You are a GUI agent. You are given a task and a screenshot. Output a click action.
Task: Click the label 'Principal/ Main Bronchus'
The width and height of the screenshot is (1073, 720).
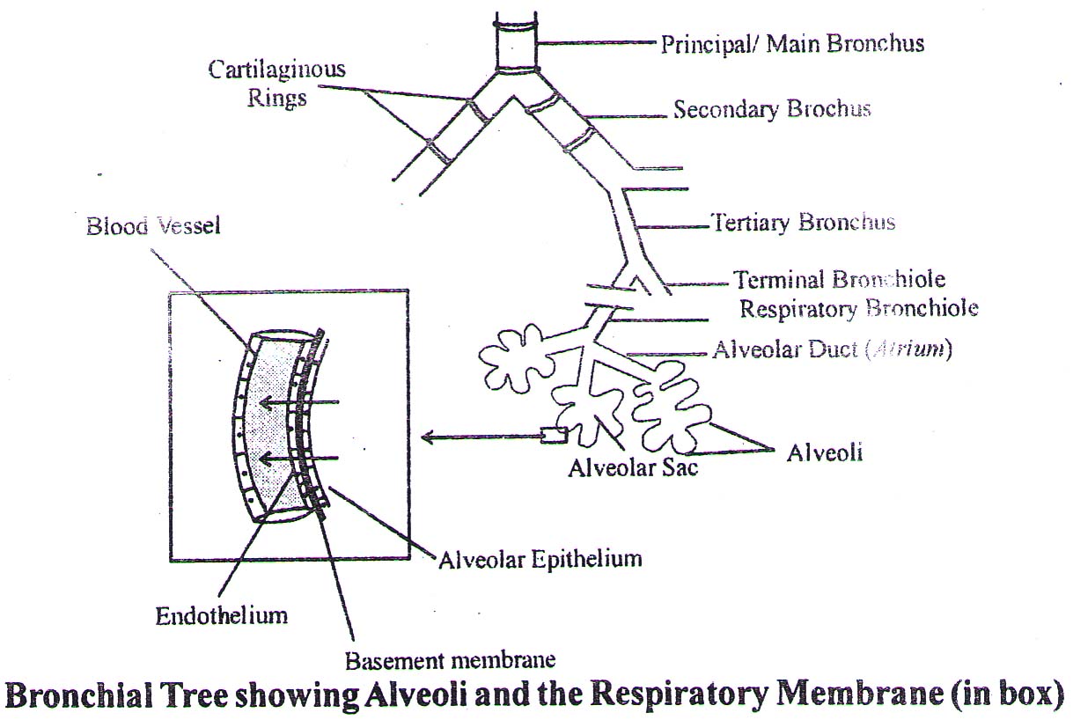click(x=792, y=43)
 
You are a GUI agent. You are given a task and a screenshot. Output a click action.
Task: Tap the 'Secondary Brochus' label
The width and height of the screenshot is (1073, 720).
click(x=771, y=110)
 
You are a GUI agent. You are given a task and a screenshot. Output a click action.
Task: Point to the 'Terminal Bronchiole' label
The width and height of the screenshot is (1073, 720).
click(x=839, y=281)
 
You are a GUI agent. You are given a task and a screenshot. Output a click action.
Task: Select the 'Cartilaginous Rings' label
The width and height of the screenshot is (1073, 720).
click(x=276, y=83)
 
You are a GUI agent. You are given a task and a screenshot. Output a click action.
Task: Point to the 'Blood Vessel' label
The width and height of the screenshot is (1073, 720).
click(x=153, y=226)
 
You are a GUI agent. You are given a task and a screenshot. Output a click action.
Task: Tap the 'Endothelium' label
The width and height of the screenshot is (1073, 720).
click(x=221, y=614)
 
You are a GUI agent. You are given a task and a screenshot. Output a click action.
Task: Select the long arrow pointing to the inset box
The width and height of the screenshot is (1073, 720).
click(x=480, y=436)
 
